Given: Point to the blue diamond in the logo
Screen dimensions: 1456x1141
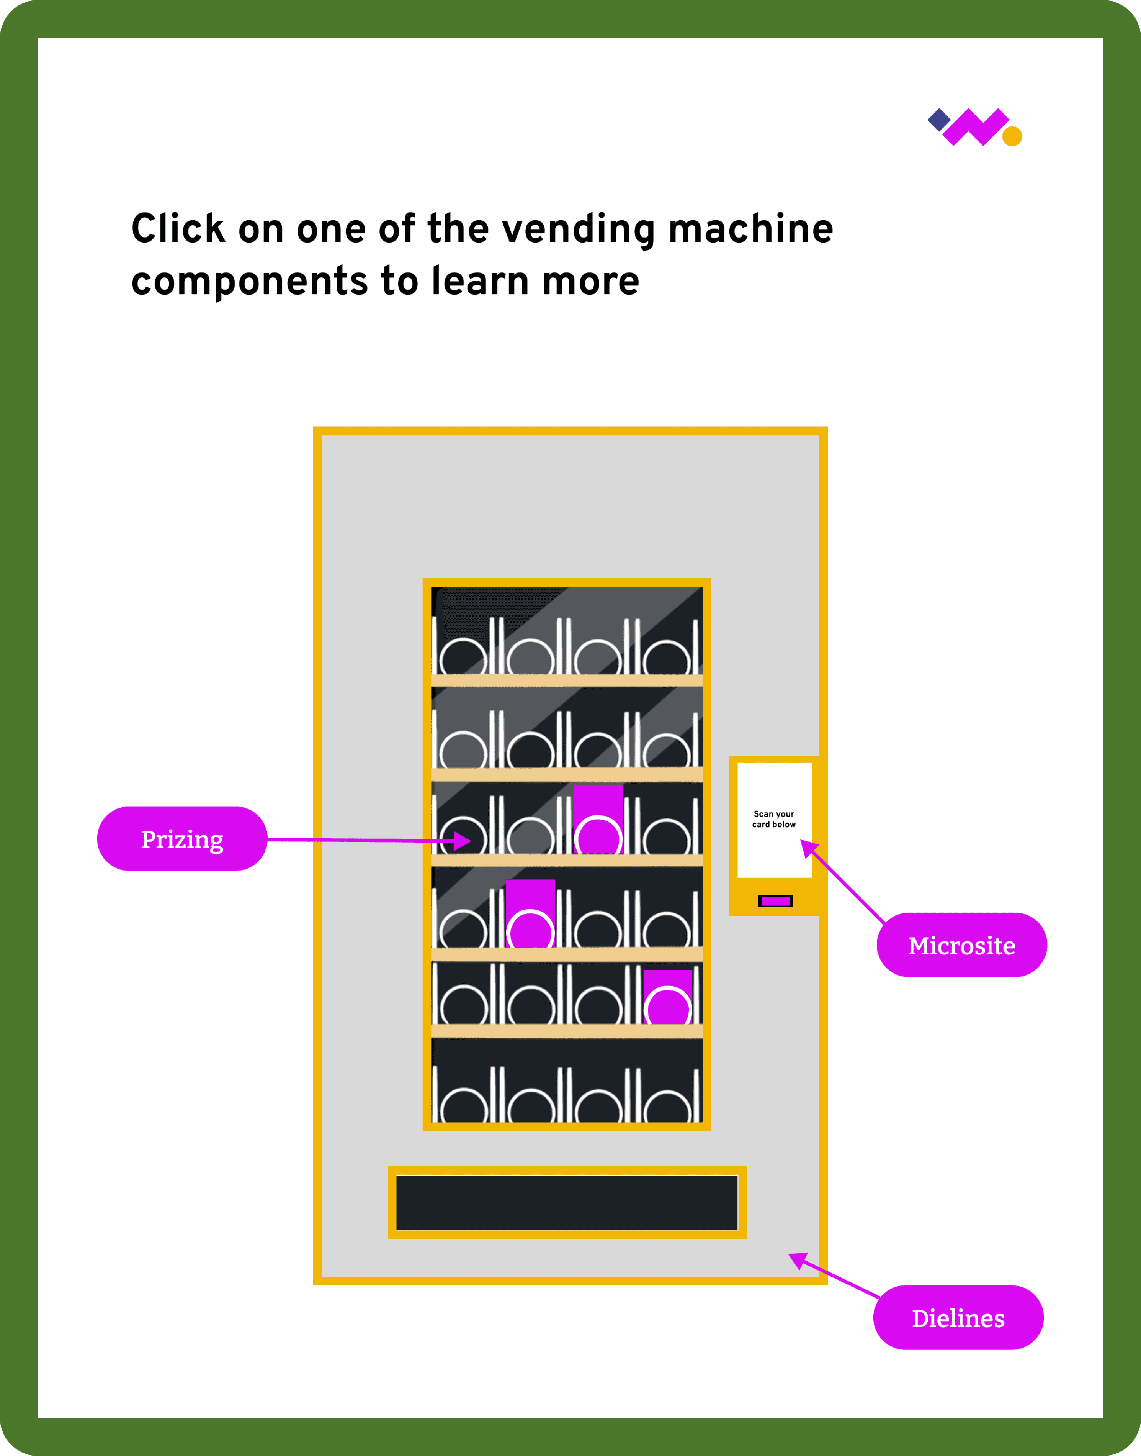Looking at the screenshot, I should [938, 120].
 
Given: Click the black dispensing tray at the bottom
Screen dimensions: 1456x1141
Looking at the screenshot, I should [567, 1202].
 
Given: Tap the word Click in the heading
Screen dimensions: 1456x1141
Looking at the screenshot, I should [178, 229].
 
